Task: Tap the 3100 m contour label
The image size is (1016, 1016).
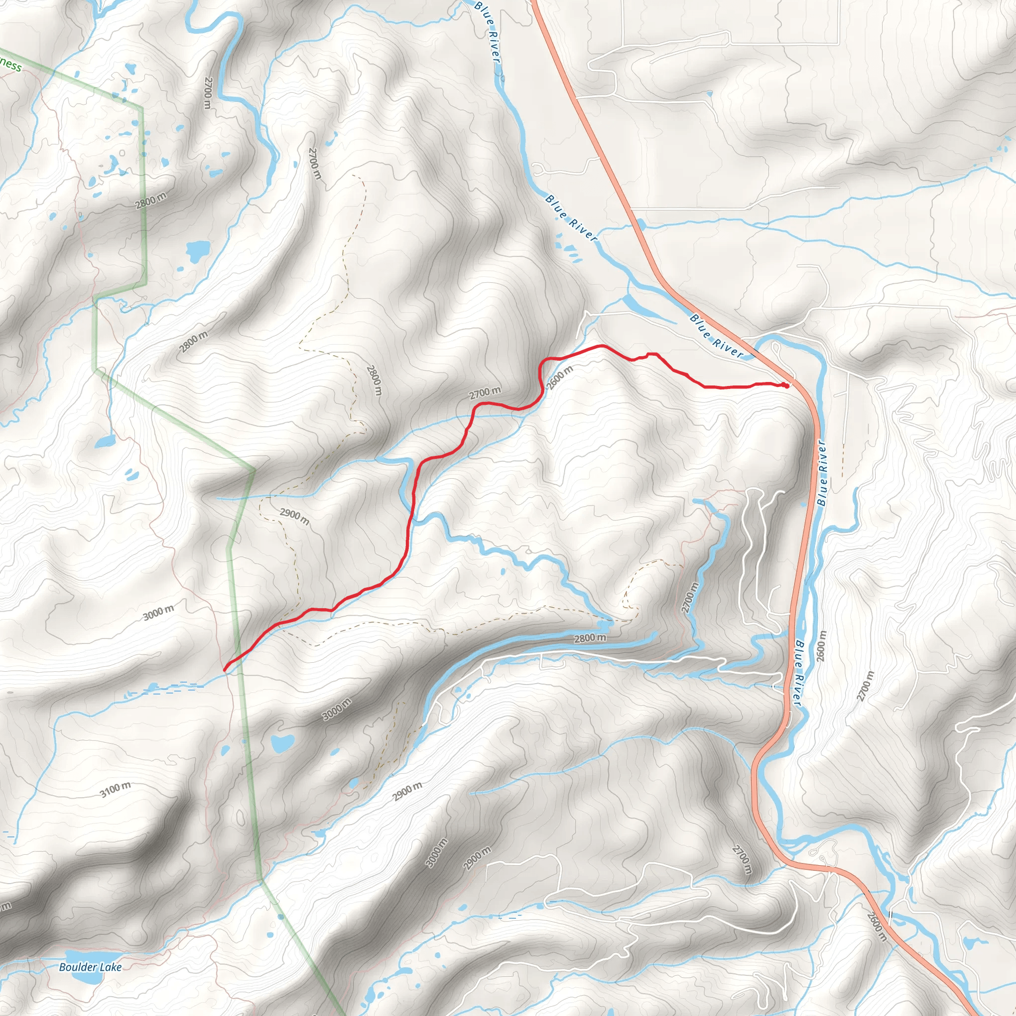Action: (x=116, y=789)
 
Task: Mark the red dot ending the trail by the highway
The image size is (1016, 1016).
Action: (x=786, y=385)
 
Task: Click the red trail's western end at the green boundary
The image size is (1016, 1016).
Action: (x=226, y=669)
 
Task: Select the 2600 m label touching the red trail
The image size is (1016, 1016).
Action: (x=560, y=377)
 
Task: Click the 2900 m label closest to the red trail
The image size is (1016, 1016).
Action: (x=294, y=516)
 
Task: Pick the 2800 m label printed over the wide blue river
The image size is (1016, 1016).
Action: (x=589, y=638)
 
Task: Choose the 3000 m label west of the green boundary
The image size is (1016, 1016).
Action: (x=158, y=613)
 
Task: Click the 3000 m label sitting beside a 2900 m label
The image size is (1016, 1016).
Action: (x=437, y=853)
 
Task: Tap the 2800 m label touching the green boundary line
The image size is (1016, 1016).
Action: (x=150, y=200)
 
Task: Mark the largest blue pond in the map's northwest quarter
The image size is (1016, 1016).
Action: (x=198, y=252)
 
